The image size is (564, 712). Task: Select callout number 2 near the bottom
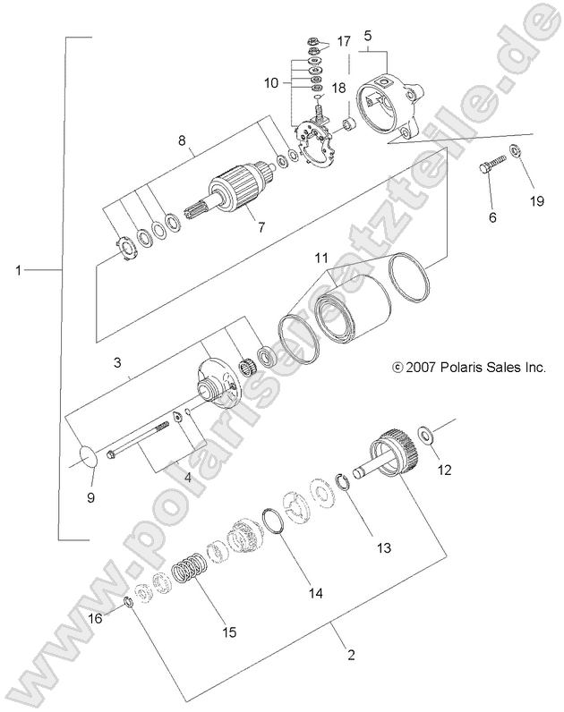(351, 655)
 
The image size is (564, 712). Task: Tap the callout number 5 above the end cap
(367, 36)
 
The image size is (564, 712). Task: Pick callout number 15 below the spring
(229, 632)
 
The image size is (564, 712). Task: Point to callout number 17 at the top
(345, 42)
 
